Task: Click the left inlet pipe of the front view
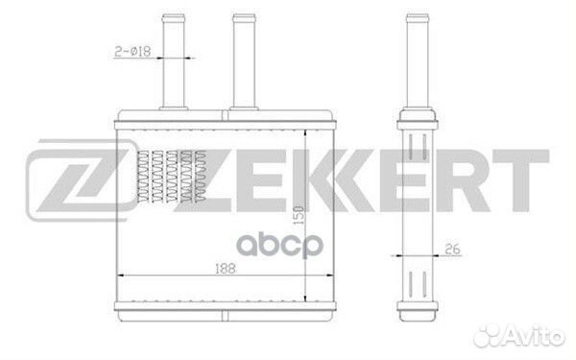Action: pyautogui.click(x=172, y=62)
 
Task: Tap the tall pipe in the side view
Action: pyautogui.click(x=415, y=62)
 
